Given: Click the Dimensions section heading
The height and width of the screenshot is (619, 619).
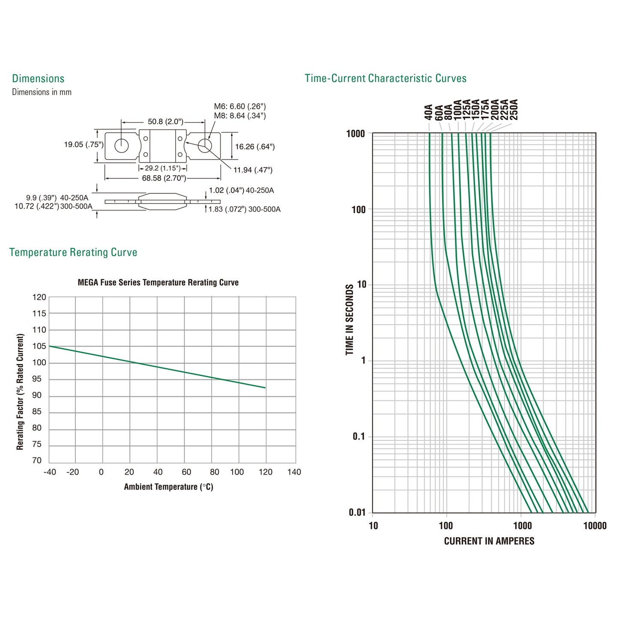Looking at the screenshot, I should pos(38,78).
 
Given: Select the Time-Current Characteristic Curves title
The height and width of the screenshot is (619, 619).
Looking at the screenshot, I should pos(385,78).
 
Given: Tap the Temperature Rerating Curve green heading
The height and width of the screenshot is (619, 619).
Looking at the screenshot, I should pos(73,252).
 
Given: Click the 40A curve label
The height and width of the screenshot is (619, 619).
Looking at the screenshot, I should pos(428,112).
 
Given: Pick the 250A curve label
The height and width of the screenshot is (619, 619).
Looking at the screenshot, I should pos(514,110).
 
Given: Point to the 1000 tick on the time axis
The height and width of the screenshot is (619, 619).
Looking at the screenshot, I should pos(356,134).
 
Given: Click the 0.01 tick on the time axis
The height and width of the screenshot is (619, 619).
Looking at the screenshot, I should pos(357,512).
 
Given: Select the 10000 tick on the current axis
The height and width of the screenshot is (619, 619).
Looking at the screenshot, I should pos(595,526).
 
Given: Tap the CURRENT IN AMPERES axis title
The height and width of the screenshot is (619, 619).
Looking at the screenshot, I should pos(489,541).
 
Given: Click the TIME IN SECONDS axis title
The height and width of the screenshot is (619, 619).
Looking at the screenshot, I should pos(350,320).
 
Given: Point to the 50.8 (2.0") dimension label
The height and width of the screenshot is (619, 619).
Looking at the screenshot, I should pos(165,122).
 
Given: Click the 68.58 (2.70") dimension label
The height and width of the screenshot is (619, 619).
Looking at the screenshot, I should pos(164,178).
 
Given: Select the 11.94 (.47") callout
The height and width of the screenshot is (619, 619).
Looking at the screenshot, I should pos(253,170).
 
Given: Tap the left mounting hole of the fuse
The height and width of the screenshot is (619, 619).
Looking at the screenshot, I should pos(122,146).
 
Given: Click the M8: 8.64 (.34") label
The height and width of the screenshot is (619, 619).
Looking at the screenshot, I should pos(240,116).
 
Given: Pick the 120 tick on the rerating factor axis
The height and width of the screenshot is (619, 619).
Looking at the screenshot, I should pos(39,297).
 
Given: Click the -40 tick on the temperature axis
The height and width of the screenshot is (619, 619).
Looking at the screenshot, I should pos(50,472).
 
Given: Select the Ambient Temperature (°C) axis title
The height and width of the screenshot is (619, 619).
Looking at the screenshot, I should pos(168,487).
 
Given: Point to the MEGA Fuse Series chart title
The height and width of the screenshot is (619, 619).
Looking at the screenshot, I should pos(158,283).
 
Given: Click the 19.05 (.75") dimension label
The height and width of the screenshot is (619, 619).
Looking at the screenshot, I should pos(84,145).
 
